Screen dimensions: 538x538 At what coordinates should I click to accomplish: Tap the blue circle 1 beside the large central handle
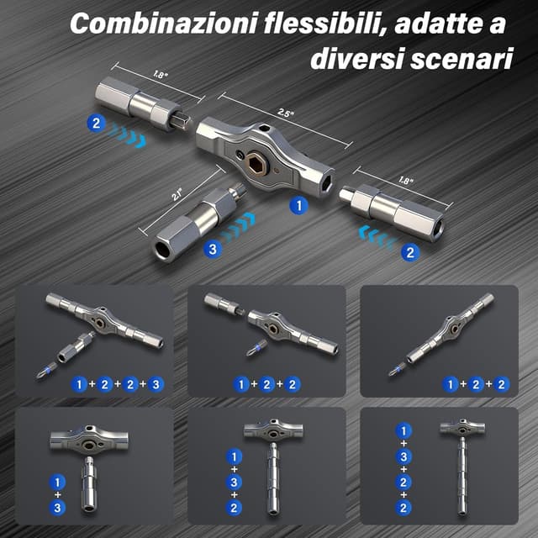point(297,204)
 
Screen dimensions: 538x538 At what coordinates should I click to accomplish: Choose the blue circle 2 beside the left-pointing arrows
point(409,251)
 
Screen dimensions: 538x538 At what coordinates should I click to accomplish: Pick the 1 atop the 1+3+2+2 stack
point(403,429)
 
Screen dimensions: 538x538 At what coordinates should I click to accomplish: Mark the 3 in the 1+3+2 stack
point(232,483)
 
